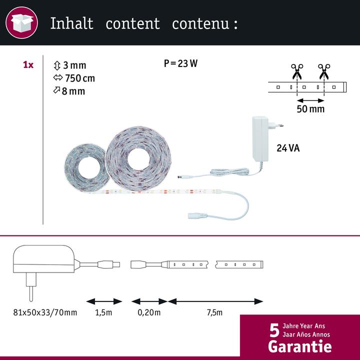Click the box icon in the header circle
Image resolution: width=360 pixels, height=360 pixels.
(x=22, y=23)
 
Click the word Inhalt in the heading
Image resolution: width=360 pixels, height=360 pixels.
(x=71, y=23)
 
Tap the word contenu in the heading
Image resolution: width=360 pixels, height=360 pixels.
(x=200, y=23)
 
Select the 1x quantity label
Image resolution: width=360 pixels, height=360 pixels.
(x=28, y=65)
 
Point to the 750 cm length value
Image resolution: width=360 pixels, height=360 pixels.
(x=80, y=78)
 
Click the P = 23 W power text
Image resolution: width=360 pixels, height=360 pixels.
(x=180, y=63)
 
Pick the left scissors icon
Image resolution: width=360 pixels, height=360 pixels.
(x=297, y=71)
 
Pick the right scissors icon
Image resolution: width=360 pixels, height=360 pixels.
(x=324, y=71)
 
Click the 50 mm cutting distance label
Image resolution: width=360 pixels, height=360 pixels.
(x=310, y=109)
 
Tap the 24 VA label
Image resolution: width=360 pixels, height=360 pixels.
(x=288, y=148)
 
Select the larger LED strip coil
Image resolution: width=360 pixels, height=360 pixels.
(x=138, y=159)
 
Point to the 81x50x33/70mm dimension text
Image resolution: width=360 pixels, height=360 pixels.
(x=45, y=312)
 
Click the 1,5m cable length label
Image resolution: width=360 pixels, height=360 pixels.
(x=103, y=312)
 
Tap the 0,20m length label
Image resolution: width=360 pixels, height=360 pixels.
(x=149, y=312)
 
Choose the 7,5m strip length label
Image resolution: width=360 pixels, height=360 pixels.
(x=214, y=312)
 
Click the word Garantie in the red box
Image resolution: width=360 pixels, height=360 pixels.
(x=300, y=346)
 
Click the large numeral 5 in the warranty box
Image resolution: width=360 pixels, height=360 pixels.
(x=274, y=330)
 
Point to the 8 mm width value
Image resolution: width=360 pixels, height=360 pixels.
(x=73, y=91)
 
